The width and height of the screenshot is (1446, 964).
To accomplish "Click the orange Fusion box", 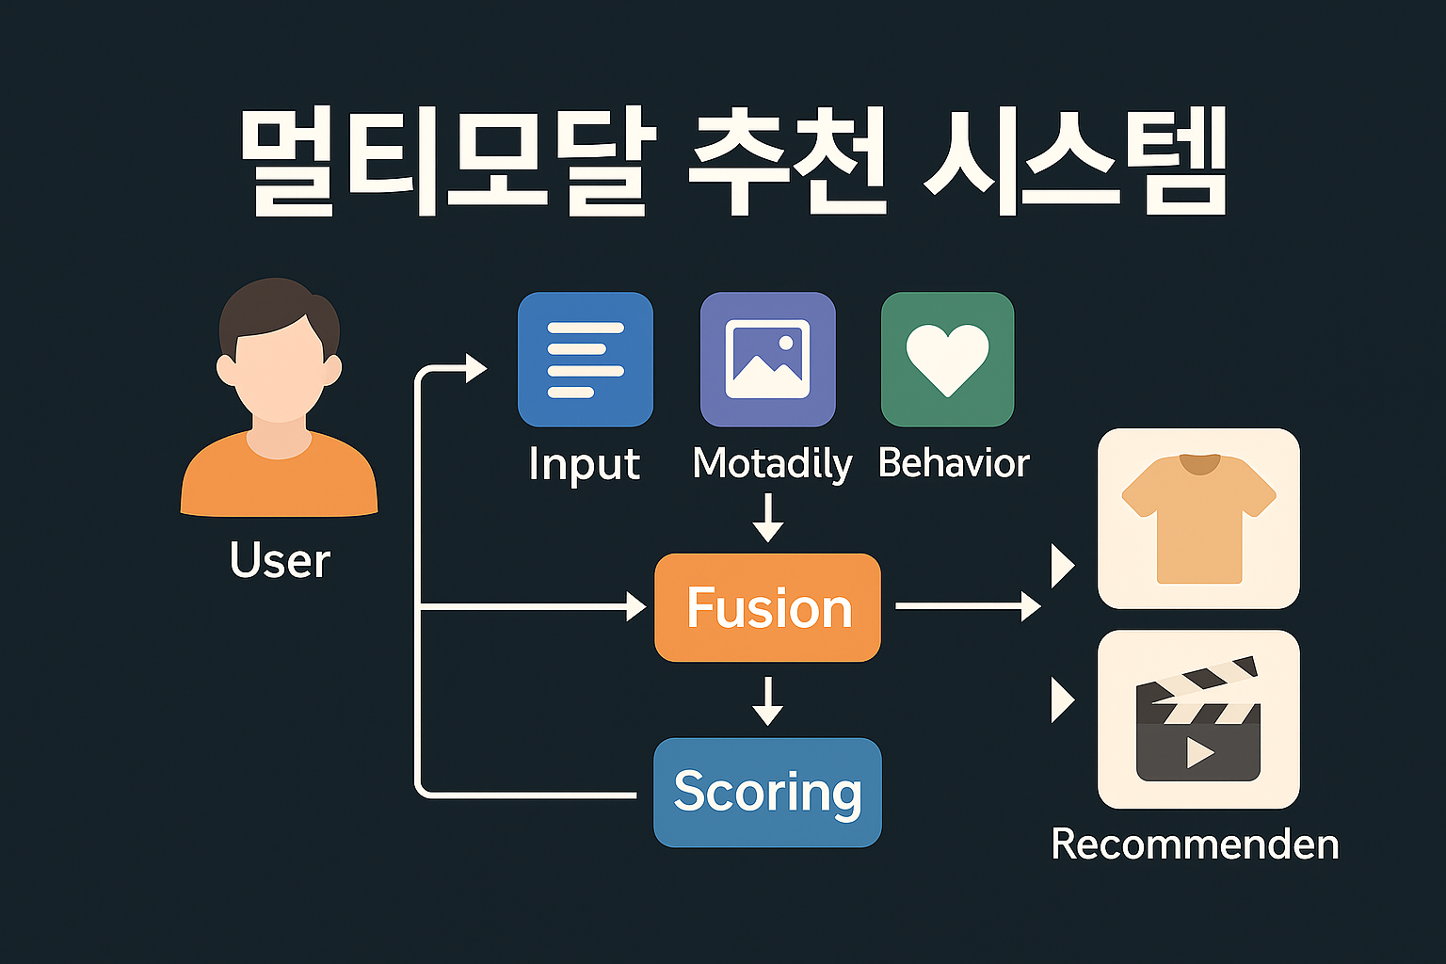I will (767, 607).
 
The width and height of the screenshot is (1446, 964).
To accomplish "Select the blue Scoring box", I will (767, 792).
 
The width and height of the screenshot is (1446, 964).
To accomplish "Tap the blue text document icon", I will (585, 360).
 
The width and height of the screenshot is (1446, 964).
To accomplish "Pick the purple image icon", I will (767, 360).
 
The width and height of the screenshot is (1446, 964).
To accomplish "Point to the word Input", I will (584, 464).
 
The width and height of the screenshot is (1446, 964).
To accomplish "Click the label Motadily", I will (772, 464).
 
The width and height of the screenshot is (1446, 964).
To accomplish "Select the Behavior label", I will (954, 463).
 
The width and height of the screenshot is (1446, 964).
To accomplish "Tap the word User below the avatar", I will (280, 560).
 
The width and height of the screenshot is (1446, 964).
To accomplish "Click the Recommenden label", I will (1195, 844).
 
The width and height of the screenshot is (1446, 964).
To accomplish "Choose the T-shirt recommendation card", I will (1198, 519).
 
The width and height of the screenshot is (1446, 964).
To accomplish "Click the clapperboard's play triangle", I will (1198, 752).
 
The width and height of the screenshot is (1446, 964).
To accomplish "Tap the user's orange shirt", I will (279, 480).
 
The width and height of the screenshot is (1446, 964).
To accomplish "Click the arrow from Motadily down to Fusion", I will (768, 518).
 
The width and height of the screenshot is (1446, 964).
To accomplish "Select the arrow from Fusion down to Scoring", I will (768, 700).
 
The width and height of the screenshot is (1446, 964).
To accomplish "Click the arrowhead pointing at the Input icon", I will (475, 367).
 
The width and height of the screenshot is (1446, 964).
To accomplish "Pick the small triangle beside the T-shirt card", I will (1063, 566).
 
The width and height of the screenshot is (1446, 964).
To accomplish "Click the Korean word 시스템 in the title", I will (1074, 163).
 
